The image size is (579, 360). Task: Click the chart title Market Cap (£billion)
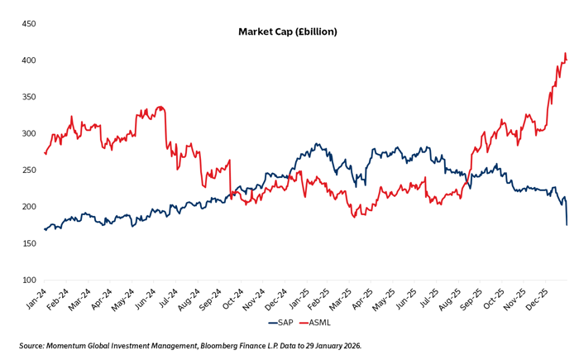tap(288, 31)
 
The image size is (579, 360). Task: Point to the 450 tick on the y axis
tap(27, 24)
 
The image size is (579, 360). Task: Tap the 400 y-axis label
tap(27, 60)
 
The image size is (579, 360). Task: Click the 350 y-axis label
tap(27, 97)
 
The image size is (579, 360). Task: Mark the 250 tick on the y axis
tap(27, 170)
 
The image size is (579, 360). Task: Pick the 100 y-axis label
tap(27, 280)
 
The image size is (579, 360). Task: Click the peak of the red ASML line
tap(565, 54)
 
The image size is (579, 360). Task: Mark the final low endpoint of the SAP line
tap(567, 224)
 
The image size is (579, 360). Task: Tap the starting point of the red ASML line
tap(45, 152)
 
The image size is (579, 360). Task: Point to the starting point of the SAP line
tap(45, 228)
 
